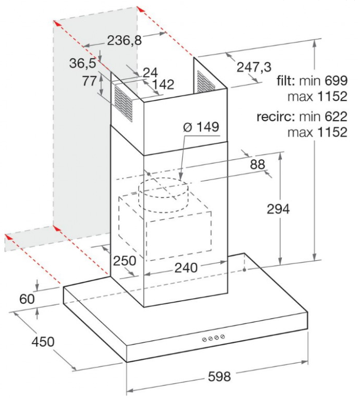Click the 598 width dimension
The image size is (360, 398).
pyautogui.click(x=219, y=376)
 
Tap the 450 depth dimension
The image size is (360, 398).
pyautogui.click(x=43, y=342)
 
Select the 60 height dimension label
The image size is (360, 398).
pyautogui.click(x=26, y=299)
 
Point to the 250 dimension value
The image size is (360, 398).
pyautogui.click(x=124, y=261)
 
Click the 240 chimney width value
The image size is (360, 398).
pyautogui.click(x=186, y=268)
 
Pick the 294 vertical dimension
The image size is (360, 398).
pyautogui.click(x=279, y=209)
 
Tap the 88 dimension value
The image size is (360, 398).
pyautogui.click(x=257, y=165)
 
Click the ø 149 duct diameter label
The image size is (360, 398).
pyautogui.click(x=201, y=127)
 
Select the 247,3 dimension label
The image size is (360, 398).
pyautogui.click(x=254, y=67)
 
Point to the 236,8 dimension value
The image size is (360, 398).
pyautogui.click(x=124, y=40)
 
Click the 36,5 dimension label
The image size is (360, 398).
pyautogui.click(x=83, y=63)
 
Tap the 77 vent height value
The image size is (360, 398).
pyautogui.click(x=90, y=81)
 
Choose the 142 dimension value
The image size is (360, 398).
pyautogui.click(x=163, y=84)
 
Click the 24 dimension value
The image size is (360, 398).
pyautogui.click(x=150, y=72)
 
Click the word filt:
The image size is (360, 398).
pyautogui.click(x=286, y=81)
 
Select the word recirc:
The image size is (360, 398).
pyautogui.click(x=276, y=117)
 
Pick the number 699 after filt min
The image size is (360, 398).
pyautogui.click(x=336, y=81)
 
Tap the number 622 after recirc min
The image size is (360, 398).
pyautogui.click(x=336, y=117)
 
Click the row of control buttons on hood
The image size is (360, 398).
pyautogui.click(x=213, y=338)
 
